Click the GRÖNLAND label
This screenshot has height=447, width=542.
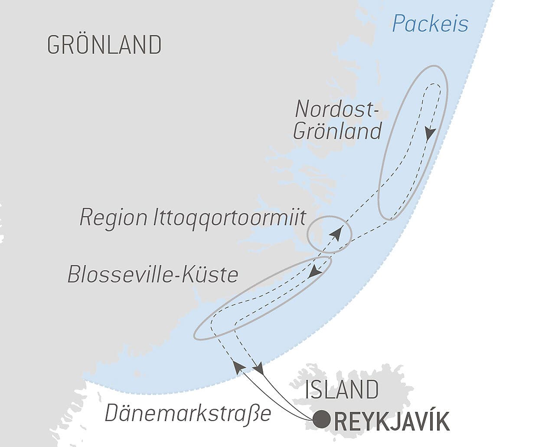[x=104, y=45]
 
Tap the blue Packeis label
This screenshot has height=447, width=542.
[x=430, y=23]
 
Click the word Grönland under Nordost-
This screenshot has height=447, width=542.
[x=337, y=130]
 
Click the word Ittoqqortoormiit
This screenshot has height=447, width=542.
[x=230, y=217]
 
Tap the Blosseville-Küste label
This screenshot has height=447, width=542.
[x=153, y=274]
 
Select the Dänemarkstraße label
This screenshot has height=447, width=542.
[x=188, y=414]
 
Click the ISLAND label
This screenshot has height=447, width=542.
[x=342, y=389]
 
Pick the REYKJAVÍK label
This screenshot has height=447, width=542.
[x=392, y=422]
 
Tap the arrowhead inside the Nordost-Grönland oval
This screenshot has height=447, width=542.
[x=429, y=134]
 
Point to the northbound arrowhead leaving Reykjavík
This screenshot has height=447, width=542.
[x=238, y=366]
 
